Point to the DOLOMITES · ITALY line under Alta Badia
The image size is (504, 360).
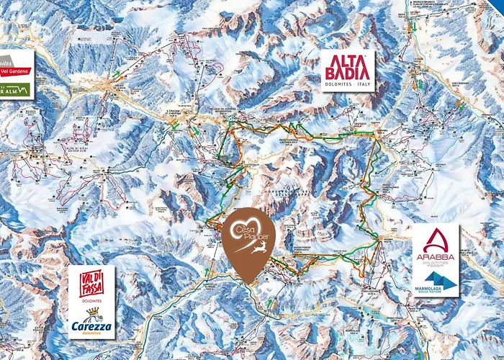346,84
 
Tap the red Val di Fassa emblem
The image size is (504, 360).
91,287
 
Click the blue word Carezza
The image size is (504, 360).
91,326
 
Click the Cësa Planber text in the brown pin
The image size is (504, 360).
248,235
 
